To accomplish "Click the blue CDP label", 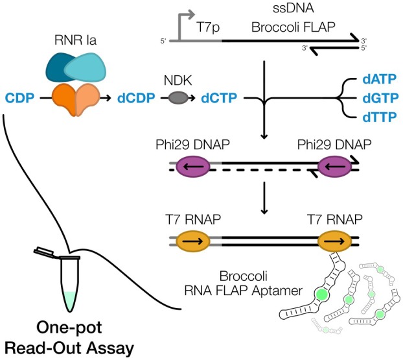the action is (20, 98).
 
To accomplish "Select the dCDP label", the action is (136, 98).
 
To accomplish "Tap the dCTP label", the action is (219, 98).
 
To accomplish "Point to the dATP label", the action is (380, 79).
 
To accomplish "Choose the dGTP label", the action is (380, 98).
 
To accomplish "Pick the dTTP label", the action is (380, 117).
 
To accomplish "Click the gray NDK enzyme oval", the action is (178, 98).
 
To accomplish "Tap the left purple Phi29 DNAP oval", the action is (193, 166).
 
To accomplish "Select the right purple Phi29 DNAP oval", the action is (334, 166).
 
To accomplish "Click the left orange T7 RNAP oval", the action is (193, 241).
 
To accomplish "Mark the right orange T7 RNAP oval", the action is (334, 241).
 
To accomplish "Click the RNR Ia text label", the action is (75, 40).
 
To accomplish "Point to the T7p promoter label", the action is (208, 27).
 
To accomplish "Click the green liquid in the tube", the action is (70, 300).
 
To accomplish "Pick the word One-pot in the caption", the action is (69, 328).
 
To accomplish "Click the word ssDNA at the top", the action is (294, 8).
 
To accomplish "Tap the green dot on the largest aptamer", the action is (321, 294).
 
